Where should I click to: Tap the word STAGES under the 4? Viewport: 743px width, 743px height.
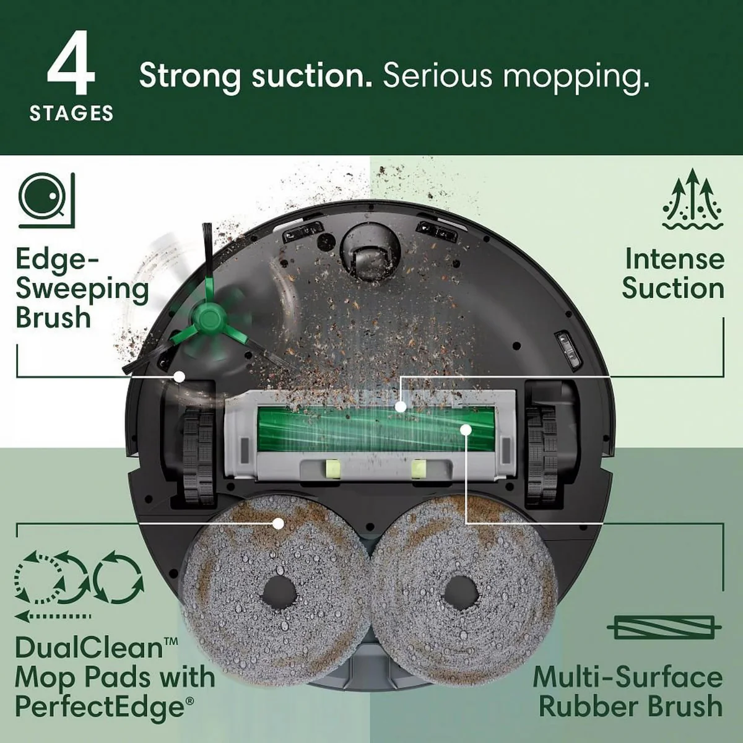tap(71, 113)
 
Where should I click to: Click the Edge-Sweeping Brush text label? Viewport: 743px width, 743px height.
tap(82, 289)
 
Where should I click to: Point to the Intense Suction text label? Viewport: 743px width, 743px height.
tap(673, 274)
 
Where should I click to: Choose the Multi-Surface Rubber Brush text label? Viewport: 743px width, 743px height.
tap(627, 690)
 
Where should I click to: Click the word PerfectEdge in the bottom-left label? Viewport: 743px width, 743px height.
tap(99, 706)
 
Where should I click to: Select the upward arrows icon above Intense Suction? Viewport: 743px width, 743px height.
tap(692, 199)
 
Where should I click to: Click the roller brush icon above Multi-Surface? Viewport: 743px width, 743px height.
tap(664, 628)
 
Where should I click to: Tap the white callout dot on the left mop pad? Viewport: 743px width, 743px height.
tap(279, 523)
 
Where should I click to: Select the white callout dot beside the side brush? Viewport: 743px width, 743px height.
tap(180, 376)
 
